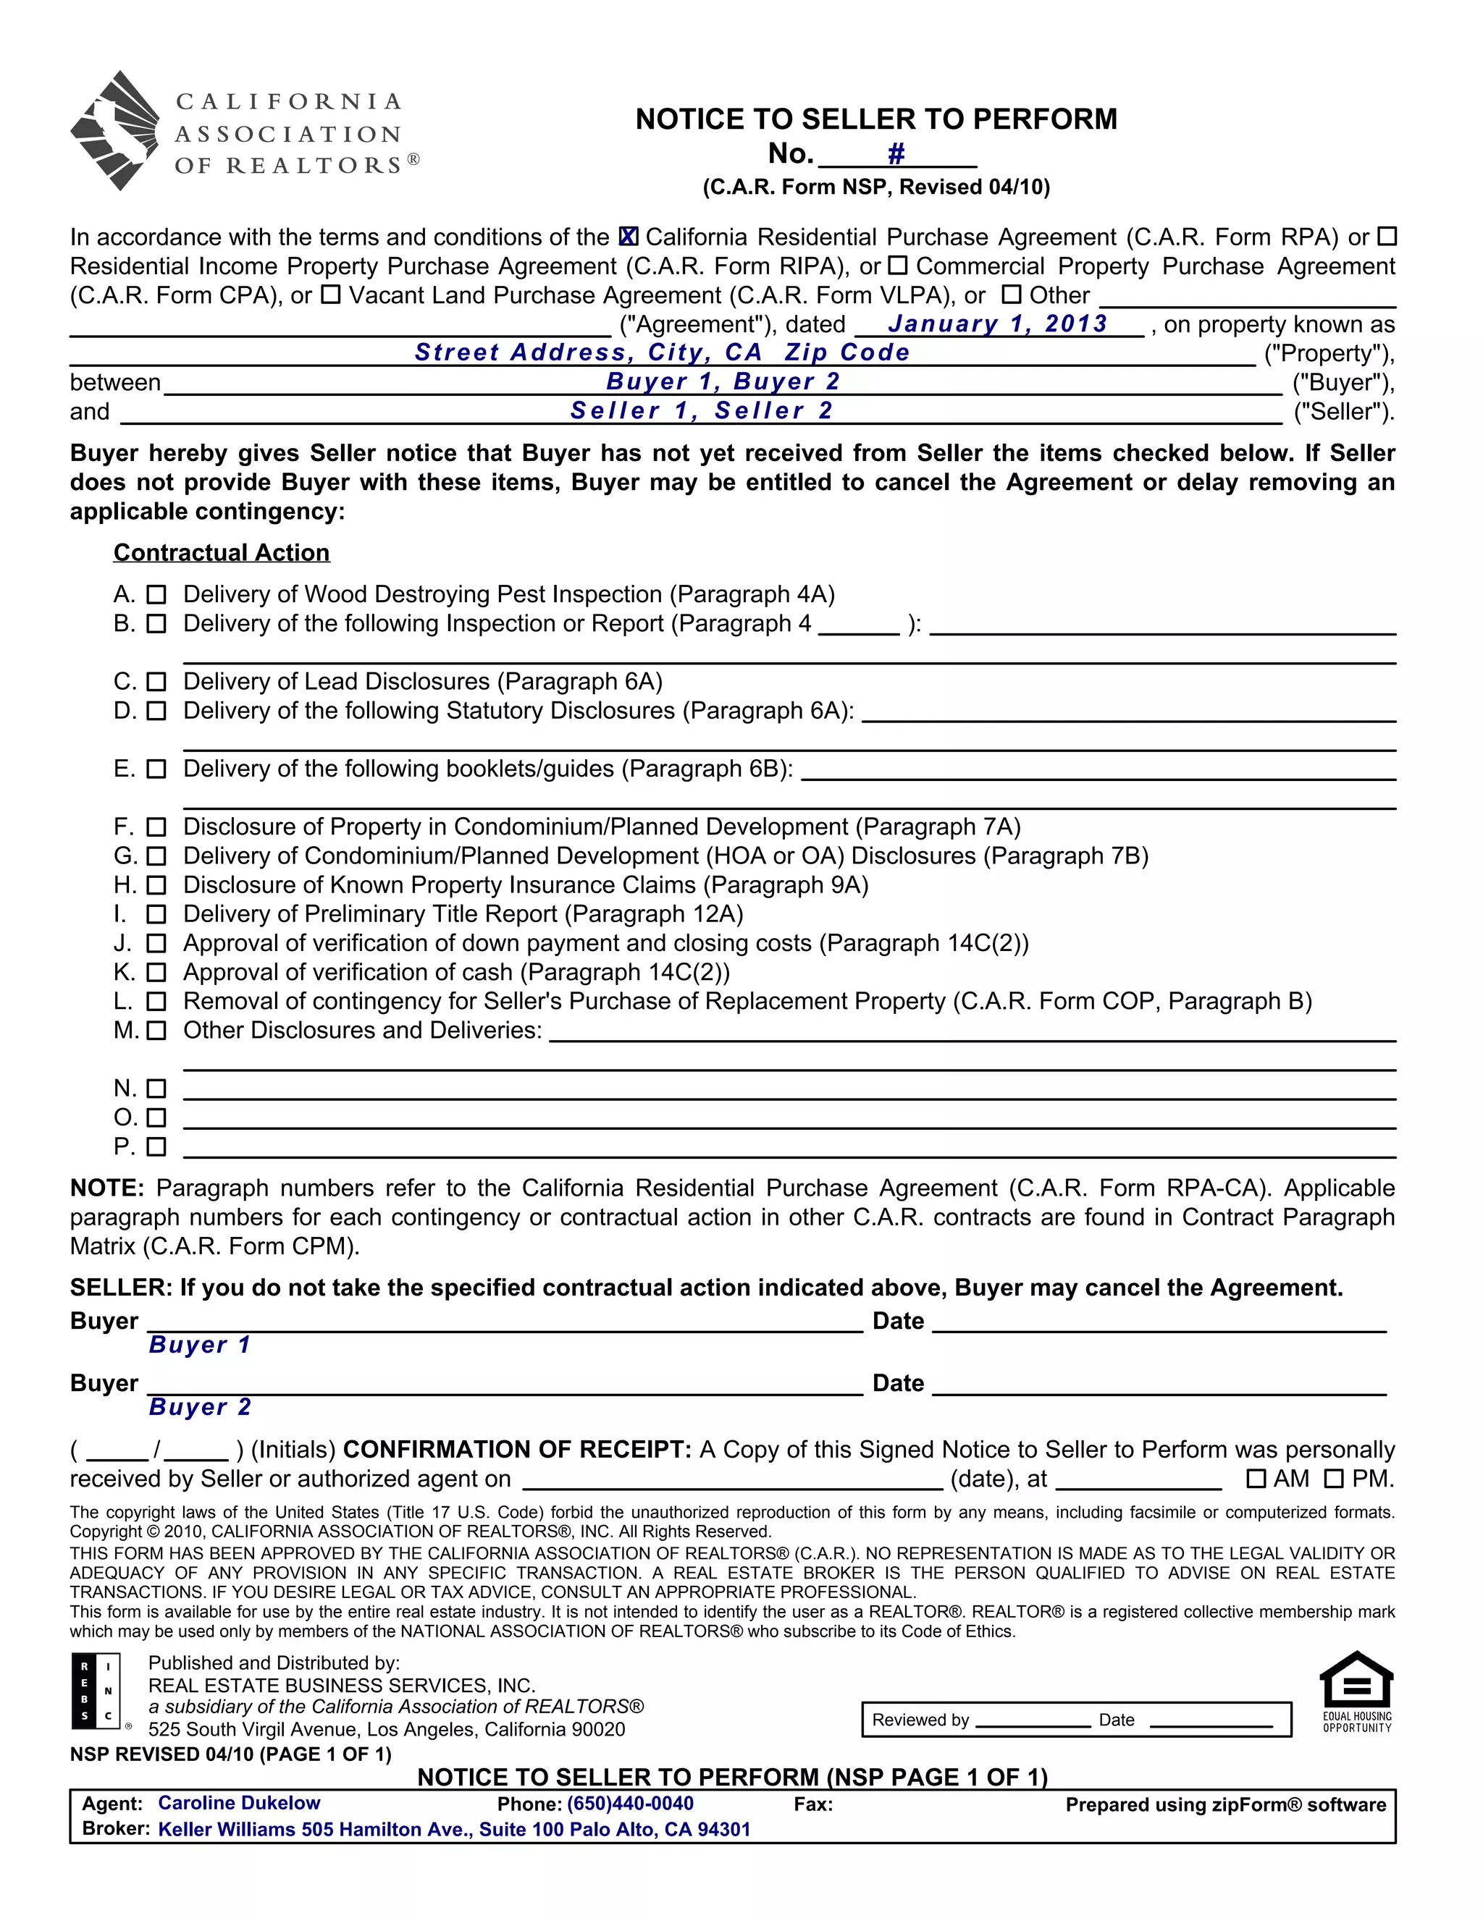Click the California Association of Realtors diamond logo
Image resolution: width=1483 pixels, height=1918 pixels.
pos(114,131)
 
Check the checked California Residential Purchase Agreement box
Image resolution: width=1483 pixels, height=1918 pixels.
pos(628,237)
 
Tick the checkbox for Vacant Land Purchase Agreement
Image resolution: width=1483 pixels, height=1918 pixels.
pos(330,295)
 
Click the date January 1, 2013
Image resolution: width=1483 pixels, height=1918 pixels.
pos(997,324)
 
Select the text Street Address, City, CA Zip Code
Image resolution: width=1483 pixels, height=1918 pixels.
pos(663,353)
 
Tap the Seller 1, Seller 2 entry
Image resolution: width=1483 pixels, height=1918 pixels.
pos(701,411)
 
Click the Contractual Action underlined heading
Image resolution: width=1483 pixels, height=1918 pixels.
pos(222,552)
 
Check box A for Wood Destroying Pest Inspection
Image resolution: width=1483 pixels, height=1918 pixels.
pos(156,594)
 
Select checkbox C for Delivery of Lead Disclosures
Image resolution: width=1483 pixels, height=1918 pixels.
pos(156,682)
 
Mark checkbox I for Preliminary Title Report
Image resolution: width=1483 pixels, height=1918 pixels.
pos(156,914)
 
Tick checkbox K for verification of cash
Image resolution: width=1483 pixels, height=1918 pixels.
pos(156,972)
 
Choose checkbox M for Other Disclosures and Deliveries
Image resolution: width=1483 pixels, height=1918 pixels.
pos(156,1030)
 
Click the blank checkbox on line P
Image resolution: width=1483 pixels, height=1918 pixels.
pos(156,1147)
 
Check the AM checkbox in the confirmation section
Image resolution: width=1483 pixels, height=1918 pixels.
pos(1256,1479)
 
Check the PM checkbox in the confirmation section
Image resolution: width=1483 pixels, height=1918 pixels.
pos(1334,1479)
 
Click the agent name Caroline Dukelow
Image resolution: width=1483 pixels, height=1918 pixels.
pos(239,1803)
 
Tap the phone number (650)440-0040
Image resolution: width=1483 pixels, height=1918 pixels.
pos(630,1804)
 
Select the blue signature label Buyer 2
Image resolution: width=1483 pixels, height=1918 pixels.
pos(201,1407)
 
